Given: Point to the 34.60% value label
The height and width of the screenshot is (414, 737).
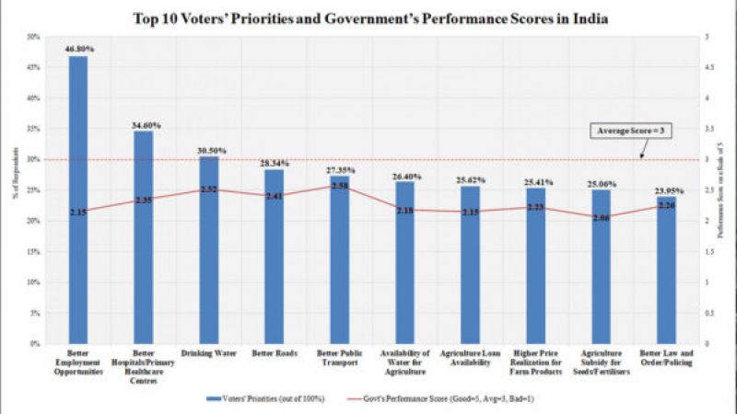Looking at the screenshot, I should coord(144,122).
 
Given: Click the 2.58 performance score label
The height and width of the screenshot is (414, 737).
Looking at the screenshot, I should coord(340,186).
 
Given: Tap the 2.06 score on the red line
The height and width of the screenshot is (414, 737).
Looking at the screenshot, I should coord(602,218).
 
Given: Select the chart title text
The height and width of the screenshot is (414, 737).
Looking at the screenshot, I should coord(368,17).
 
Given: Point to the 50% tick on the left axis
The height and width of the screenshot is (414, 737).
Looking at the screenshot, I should coord(34,37).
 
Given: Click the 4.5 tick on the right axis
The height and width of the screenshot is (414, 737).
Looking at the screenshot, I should coord(706,67).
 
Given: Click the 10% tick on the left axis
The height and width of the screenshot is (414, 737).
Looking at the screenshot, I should coord(34,282).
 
